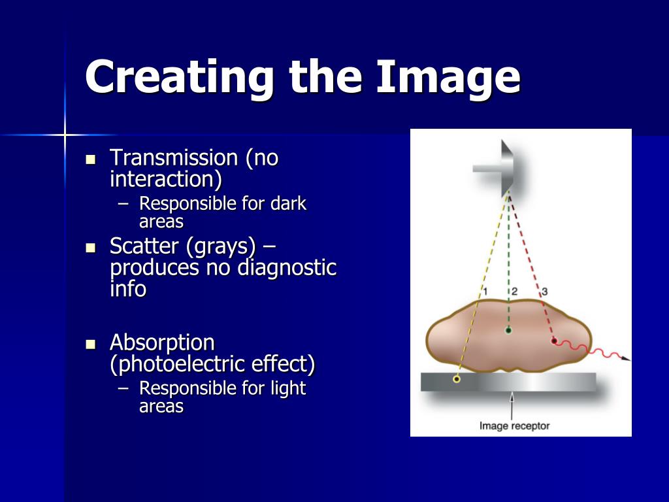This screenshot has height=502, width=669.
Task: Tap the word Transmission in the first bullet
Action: pos(174,158)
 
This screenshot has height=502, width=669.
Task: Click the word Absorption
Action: pos(162,343)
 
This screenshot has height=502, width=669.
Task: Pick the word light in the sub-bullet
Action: pos(288,388)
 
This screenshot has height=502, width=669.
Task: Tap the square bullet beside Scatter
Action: pos(91,248)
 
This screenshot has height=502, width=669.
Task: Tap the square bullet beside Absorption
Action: pos(91,344)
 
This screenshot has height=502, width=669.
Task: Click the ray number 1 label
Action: pos(485,291)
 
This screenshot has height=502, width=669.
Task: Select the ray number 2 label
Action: pos(514,291)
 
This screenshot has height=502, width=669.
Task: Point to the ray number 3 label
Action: pos(544,291)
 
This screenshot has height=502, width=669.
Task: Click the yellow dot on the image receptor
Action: pos(457,379)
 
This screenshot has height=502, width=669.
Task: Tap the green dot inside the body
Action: pos(508,331)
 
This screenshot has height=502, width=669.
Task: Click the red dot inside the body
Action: pos(554,341)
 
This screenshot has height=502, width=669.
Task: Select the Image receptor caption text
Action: pos(514,426)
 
